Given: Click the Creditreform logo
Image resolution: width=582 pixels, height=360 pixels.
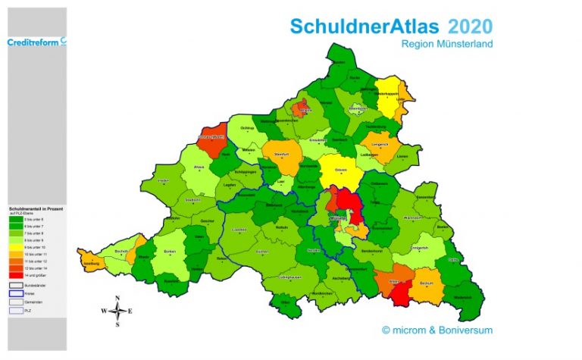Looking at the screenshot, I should pos(36,42).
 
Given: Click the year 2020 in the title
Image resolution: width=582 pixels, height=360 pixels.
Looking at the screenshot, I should pos(469,27).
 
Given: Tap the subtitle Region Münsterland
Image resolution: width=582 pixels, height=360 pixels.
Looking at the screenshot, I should pos(447,44).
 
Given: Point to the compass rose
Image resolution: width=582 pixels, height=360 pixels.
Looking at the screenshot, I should pos(117,311).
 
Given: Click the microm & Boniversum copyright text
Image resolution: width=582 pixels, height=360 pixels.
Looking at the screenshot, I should pos(437,330).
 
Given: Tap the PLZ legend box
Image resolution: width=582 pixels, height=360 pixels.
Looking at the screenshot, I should pos(15,309).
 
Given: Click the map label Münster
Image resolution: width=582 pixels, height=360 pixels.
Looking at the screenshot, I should pos(339,218).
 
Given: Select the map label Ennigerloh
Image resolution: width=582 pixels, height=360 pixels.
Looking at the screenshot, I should pos(419,246).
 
